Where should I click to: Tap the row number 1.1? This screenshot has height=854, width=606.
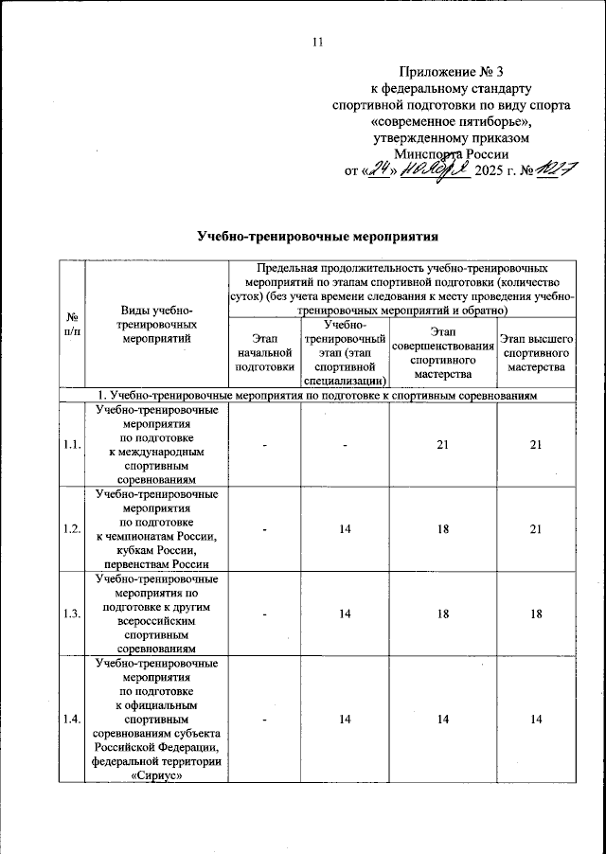72,444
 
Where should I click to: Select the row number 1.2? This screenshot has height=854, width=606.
72,528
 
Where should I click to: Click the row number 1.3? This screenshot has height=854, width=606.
72,614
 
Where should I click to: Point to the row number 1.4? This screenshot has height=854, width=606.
72,721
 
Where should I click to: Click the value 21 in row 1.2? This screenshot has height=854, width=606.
536,528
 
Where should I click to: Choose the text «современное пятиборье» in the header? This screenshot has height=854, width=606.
452,122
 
